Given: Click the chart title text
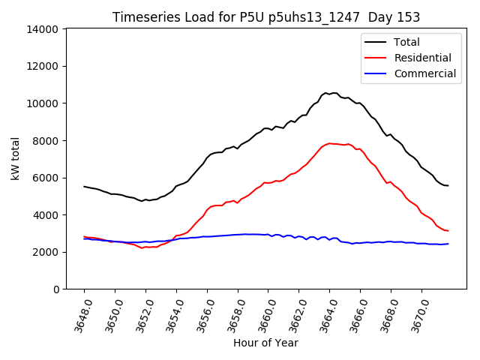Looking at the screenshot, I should point(266,17).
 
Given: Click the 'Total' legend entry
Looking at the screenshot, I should point(406,42).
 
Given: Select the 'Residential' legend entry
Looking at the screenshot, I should point(422,58).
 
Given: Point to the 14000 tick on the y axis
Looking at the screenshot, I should point(43,29).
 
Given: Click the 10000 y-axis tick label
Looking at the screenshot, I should point(43,103).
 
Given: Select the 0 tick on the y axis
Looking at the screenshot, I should point(55,289).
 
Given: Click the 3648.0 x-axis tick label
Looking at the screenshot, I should point(79,315).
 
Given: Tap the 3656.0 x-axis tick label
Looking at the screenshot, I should point(202,315).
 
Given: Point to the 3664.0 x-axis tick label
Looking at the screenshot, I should point(324,315).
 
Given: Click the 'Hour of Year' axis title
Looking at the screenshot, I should point(265,343).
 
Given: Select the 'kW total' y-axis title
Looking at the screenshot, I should point(16,159).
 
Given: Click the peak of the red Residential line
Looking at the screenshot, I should point(329,143).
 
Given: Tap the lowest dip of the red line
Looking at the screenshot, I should point(142,247).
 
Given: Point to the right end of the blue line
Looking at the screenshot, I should point(448,244).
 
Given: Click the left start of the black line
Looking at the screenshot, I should point(84,187).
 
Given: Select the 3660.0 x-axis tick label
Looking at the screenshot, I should point(262,315).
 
